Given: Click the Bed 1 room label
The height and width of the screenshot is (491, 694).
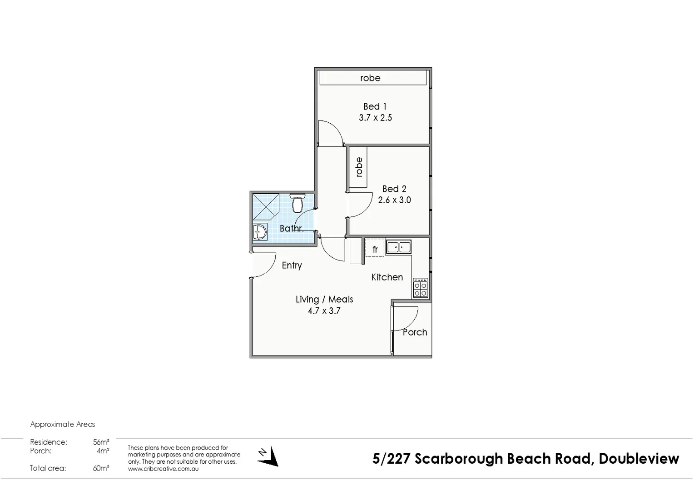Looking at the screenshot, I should click(375, 106).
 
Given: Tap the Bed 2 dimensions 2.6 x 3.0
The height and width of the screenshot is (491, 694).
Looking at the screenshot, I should click(394, 200).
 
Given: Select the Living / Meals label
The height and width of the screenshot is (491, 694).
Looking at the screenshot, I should click(324, 299).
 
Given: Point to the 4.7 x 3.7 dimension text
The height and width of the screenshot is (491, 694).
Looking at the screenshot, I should click(324, 311).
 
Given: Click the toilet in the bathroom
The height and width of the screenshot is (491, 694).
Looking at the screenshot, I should click(297, 204).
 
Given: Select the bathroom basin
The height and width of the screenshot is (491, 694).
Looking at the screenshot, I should click(260, 232).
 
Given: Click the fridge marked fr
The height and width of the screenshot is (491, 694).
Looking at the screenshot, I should click(375, 249).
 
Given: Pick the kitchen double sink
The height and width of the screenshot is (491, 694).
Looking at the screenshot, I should click(398, 247).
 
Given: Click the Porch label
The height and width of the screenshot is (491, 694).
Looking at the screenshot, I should click(415, 332).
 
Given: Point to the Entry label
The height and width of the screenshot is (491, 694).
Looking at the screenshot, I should click(292, 266).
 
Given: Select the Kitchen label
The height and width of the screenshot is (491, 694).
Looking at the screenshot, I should click(387, 277).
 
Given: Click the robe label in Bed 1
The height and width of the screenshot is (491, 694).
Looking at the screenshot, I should click(370, 78).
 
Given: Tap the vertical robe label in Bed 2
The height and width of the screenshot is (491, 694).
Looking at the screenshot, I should click(359, 167).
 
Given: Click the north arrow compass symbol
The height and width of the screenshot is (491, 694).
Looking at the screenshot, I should click(269, 456).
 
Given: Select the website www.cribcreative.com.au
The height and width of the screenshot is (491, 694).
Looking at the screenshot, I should click(163, 469).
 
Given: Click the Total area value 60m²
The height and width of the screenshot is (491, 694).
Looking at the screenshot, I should click(101, 468).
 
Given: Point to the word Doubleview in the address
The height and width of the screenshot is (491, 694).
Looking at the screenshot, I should click(639, 459).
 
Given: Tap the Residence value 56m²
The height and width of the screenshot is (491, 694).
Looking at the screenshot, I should click(101, 442).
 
